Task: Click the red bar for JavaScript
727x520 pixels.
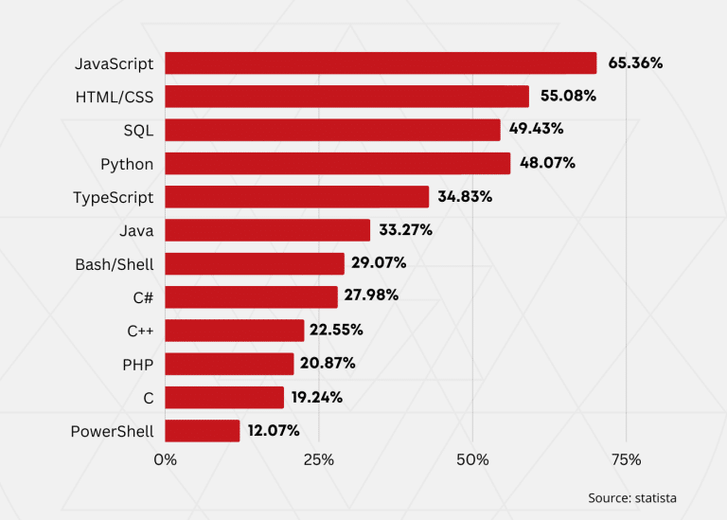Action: tap(381, 63)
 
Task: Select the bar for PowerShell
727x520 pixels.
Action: tap(203, 431)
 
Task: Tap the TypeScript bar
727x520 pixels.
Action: tap(297, 197)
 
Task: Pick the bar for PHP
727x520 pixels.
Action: tap(230, 364)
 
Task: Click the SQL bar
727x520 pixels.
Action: tap(332, 130)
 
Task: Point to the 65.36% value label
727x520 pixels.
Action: tap(635, 63)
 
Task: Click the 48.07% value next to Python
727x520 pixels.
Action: tap(547, 163)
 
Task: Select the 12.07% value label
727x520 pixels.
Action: tap(274, 431)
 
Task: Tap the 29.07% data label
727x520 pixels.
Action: tap(380, 263)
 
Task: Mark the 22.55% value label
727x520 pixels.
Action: tap(337, 331)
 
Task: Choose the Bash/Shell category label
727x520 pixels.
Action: tap(114, 264)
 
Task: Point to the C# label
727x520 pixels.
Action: tap(143, 297)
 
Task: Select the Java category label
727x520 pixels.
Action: tap(136, 230)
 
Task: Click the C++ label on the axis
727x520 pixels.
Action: tap(140, 331)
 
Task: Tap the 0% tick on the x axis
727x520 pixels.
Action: tap(165, 460)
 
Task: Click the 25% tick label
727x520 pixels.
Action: tap(319, 460)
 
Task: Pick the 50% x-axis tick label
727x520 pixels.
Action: tap(472, 460)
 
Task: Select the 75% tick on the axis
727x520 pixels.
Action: tap(626, 460)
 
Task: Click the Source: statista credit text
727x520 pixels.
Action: tap(632, 497)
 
